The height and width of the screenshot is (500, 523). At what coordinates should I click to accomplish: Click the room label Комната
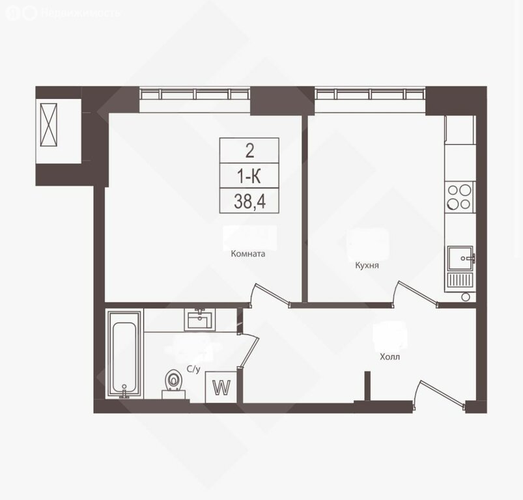point(248,255)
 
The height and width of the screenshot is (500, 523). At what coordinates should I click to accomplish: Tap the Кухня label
point(367,266)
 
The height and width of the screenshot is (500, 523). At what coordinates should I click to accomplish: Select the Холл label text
point(391,357)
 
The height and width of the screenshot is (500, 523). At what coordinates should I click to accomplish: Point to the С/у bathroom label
point(193,369)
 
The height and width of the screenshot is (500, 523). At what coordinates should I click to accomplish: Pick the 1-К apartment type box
point(249,176)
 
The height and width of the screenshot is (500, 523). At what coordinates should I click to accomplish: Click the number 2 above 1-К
point(249,152)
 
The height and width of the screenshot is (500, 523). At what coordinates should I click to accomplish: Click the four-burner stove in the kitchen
point(459,197)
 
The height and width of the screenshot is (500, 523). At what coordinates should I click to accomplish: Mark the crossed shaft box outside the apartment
point(49,126)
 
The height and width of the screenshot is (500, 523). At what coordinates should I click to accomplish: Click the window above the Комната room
point(195,95)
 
